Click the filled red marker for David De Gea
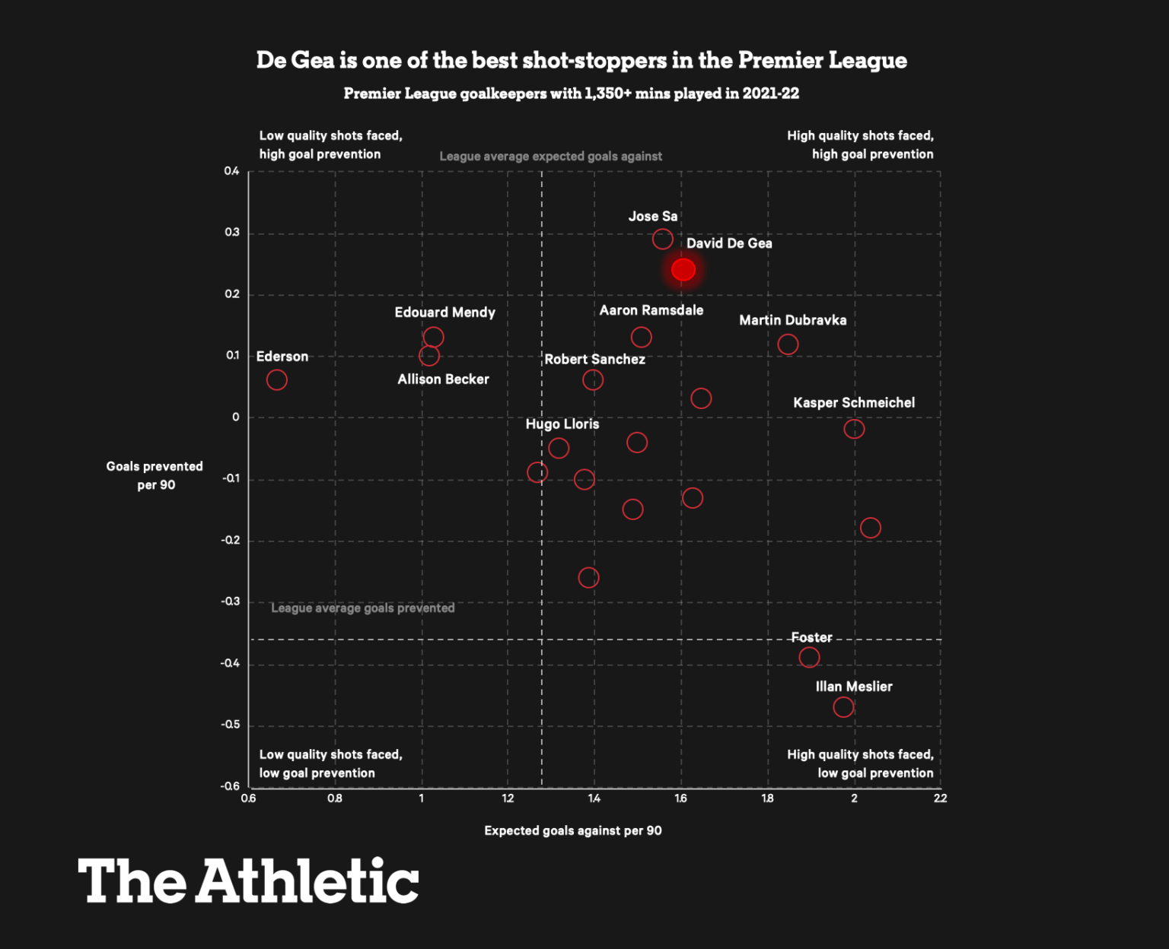[x=683, y=269]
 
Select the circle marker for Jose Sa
[x=663, y=239]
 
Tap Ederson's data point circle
[x=277, y=379]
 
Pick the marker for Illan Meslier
[x=843, y=707]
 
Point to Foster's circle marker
[x=809, y=657]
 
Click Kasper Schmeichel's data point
[x=854, y=429]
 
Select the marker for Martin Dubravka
[x=788, y=344]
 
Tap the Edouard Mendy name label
[x=444, y=313]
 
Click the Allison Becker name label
[x=443, y=379]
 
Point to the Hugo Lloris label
[x=562, y=424]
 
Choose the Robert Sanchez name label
[x=594, y=359]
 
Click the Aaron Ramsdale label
[x=651, y=310]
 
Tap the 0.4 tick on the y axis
[x=231, y=171]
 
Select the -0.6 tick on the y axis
[x=230, y=786]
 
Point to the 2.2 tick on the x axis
[x=941, y=798]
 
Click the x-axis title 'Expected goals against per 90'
[x=573, y=830]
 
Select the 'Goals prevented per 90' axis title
[x=155, y=475]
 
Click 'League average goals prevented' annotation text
[x=363, y=608]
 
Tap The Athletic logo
[x=248, y=881]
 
